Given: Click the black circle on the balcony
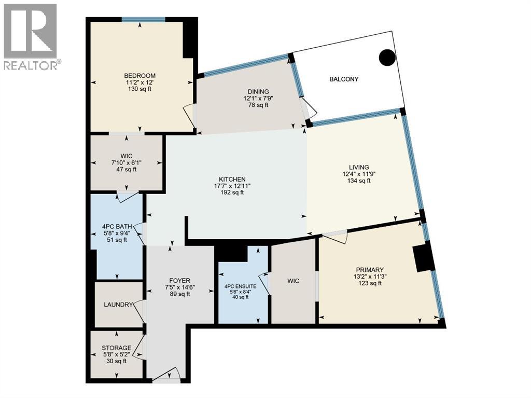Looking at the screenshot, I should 387,57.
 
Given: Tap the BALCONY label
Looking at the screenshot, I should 344,79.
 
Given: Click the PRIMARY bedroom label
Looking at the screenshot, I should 369,269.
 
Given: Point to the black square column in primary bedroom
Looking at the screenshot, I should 424,257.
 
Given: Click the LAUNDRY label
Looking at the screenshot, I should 119,305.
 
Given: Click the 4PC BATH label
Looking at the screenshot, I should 117,226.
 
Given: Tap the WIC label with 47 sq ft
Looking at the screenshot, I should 127,155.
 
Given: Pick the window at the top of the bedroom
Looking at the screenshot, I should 143,20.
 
